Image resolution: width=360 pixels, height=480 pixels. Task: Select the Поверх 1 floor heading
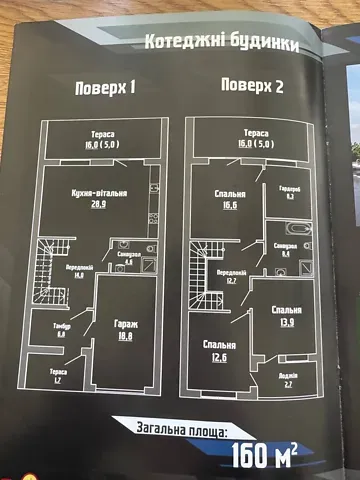(x=105, y=88)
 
